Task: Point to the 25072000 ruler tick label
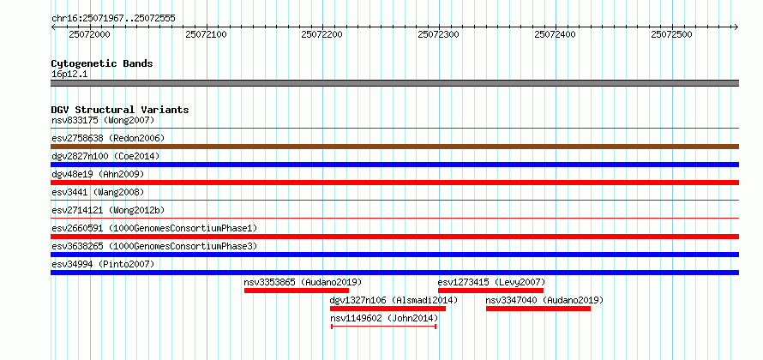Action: tap(89, 34)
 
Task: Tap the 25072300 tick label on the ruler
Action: tap(439, 34)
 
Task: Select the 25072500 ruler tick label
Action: tap(671, 34)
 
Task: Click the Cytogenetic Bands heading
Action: tap(102, 63)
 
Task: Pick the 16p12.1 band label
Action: tap(69, 74)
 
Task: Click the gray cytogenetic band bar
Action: tap(394, 83)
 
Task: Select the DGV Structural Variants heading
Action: tap(120, 110)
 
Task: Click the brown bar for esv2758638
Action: tap(394, 147)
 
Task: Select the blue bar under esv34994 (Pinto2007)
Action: tap(394, 273)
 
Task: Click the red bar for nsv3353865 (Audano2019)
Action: tap(296, 291)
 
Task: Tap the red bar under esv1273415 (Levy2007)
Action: tap(490, 291)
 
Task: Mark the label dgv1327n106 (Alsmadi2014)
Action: tap(394, 300)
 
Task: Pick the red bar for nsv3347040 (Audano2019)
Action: tap(538, 309)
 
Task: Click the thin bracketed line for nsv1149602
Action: tap(383, 327)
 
